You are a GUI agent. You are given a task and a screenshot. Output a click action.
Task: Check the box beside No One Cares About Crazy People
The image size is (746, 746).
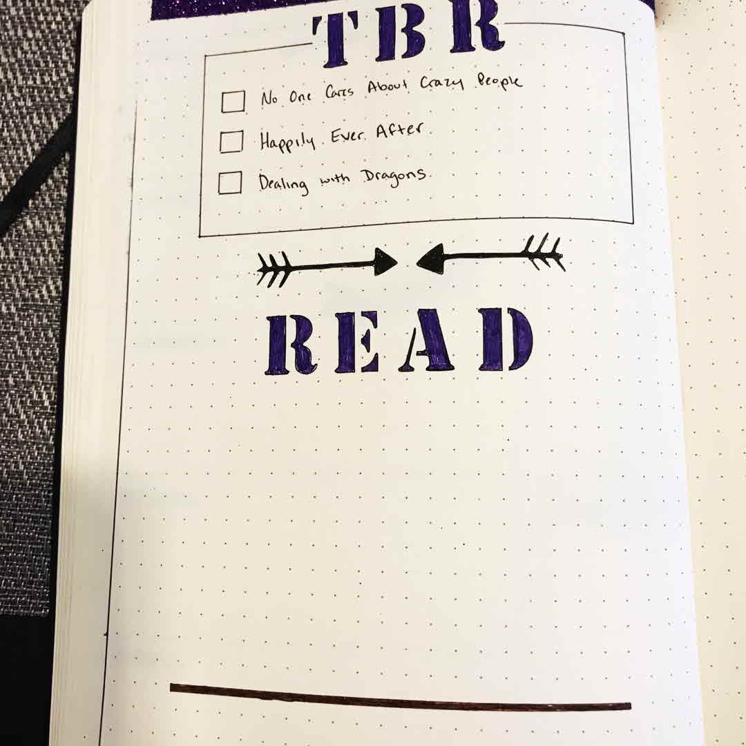233,102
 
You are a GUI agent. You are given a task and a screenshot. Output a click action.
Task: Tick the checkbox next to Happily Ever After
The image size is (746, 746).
231,142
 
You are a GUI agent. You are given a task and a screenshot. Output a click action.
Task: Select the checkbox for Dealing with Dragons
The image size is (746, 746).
230,183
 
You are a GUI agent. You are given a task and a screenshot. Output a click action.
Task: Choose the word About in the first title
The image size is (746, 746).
391,88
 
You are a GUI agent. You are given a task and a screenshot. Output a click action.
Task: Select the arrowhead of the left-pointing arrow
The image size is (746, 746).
430,258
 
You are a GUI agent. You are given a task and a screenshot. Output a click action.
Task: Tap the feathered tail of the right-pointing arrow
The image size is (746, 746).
274,269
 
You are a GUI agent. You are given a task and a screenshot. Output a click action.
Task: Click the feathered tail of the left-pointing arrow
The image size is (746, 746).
545,253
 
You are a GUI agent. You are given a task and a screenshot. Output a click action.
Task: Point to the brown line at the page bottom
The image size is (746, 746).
401,698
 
